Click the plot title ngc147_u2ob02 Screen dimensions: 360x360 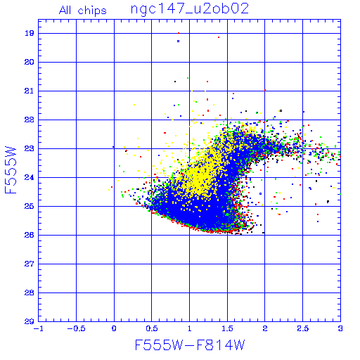(x=189, y=9)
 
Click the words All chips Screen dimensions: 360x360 (x=83, y=11)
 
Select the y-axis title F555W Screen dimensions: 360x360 (x=11, y=170)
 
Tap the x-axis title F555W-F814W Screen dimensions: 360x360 (x=190, y=345)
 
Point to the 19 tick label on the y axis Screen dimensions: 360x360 (x=29, y=33)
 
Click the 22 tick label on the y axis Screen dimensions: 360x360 (x=29, y=120)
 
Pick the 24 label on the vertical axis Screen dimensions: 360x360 (x=29, y=177)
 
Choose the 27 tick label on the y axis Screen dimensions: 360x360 (x=29, y=264)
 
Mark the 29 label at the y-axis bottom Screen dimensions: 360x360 (x=29, y=321)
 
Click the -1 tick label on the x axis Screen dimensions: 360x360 (x=39, y=328)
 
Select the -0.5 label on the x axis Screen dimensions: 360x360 (x=75, y=328)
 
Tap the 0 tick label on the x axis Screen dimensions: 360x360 (x=114, y=328)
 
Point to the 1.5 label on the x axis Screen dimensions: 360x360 (x=227, y=328)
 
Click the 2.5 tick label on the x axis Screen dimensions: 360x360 (x=302, y=328)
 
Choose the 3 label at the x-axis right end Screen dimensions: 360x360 (x=340, y=328)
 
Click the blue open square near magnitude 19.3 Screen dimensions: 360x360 (x=178, y=41)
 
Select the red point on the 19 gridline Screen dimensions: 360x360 (x=179, y=33)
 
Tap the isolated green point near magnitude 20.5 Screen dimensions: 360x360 (x=188, y=78)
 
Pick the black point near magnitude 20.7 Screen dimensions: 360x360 (x=175, y=82)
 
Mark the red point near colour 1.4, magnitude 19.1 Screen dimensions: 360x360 (x=219, y=37)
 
